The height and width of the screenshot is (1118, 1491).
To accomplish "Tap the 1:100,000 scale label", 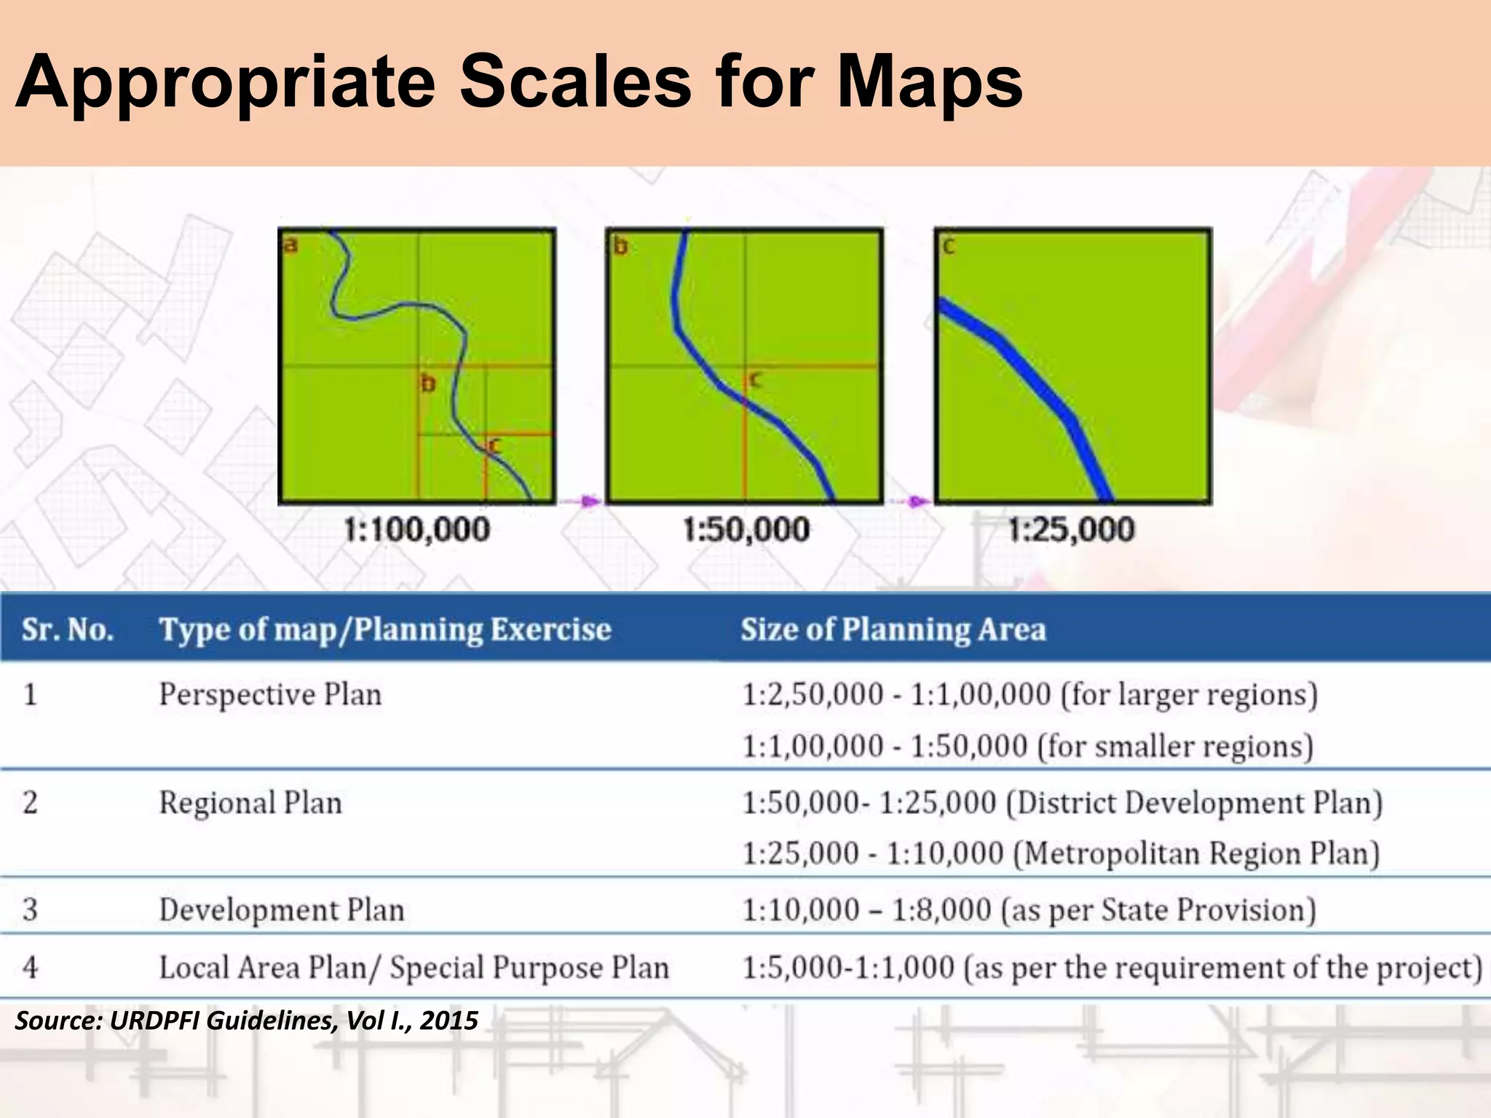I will point(416,530).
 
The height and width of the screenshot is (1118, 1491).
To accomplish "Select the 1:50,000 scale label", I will point(745,530).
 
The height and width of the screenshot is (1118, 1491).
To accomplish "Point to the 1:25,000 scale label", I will point(1071,530).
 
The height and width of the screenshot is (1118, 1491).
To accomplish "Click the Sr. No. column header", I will point(68,630).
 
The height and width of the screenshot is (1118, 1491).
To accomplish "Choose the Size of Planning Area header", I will point(893,630).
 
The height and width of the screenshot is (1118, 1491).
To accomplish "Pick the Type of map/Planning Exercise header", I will point(385,630).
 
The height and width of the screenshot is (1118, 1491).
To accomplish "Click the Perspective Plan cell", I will point(270,694).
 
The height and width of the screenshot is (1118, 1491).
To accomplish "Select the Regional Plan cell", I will point(250,803).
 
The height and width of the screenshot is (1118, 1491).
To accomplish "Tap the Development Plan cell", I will point(282,910).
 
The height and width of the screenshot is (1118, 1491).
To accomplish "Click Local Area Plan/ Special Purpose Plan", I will point(414,968).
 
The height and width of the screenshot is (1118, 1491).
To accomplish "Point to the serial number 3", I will point(30,910).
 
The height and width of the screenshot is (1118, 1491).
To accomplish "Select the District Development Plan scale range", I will point(1062,803).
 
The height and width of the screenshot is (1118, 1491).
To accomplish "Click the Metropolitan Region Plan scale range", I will point(1061,853).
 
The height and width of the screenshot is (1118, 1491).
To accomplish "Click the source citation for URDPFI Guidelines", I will point(247,1020).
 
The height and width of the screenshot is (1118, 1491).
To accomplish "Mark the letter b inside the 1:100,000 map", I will point(428,383).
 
